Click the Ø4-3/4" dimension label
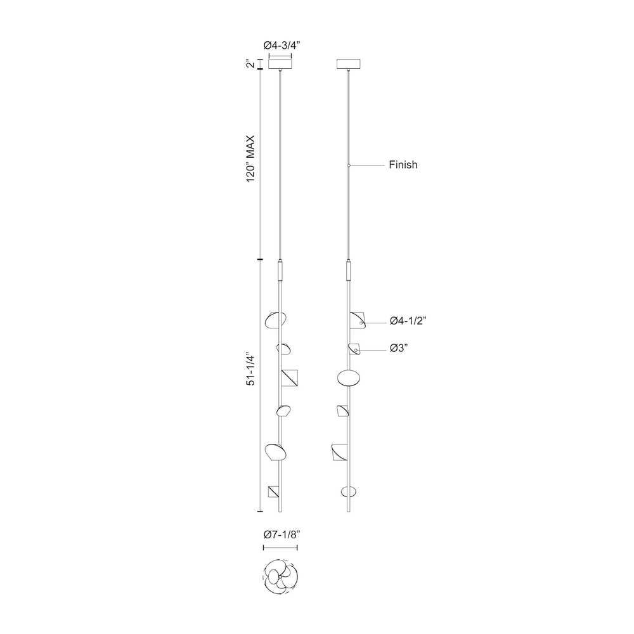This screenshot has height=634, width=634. point(282,45)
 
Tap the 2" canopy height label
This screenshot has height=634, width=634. point(251,64)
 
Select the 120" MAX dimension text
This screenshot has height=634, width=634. point(251,158)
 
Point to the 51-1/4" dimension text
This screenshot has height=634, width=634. point(251,370)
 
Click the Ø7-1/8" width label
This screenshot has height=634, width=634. point(282,534)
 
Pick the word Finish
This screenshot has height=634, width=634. point(403,165)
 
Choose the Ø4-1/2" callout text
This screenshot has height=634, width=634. point(408,321)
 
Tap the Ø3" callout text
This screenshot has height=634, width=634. point(399,347)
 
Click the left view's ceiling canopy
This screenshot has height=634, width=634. point(281,64)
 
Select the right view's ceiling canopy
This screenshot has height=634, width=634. point(349,64)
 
